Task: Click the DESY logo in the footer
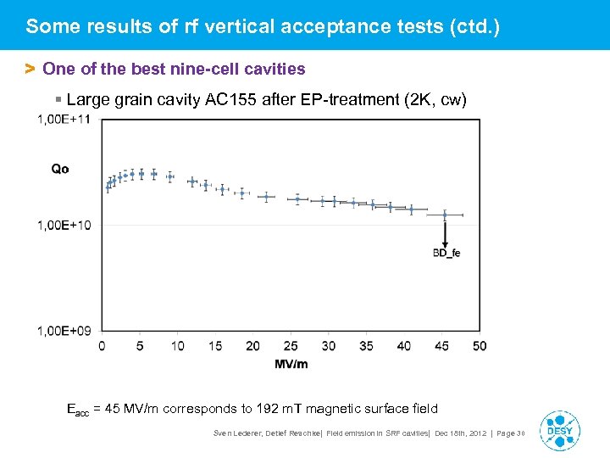(559, 429)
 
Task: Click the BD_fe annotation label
(446, 253)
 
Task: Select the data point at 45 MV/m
(445, 215)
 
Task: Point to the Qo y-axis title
(60, 169)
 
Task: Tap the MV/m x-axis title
(291, 364)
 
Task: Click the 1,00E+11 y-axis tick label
(64, 120)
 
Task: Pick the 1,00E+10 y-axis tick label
(64, 225)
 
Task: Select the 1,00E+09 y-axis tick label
(64, 330)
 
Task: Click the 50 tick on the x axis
(480, 346)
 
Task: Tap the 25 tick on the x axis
(291, 346)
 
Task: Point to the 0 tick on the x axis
(102, 346)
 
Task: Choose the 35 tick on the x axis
(366, 346)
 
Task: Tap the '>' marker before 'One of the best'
(30, 68)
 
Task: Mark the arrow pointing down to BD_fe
(445, 233)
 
